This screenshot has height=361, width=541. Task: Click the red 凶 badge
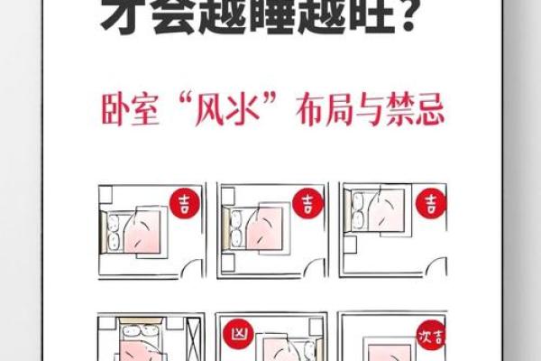(x=235, y=332)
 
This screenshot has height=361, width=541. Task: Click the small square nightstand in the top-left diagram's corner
(x=105, y=193)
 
